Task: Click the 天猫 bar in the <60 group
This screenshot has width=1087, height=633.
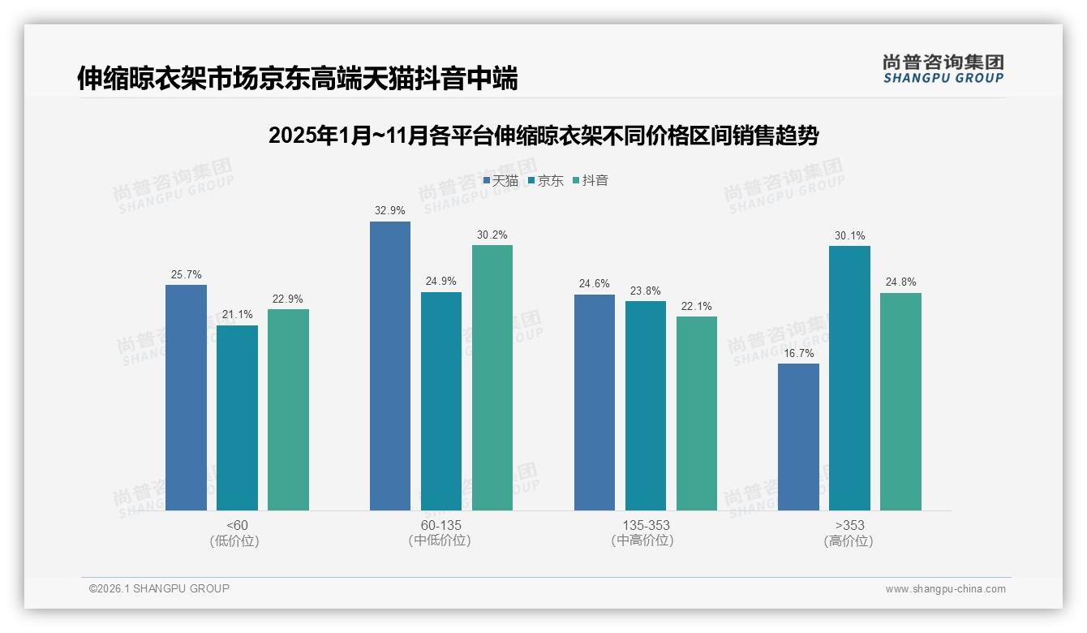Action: (186, 398)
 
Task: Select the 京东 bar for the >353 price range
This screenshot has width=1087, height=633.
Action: (849, 378)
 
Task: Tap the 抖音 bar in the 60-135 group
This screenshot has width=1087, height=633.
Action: (492, 378)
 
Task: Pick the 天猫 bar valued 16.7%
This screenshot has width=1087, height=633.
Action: (798, 437)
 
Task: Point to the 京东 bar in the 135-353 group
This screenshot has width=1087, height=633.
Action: (646, 406)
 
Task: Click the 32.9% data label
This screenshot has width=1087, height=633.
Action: (390, 211)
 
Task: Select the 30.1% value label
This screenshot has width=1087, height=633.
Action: (849, 236)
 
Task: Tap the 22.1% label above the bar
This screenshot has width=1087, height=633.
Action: (697, 307)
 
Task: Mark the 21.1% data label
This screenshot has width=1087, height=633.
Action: (237, 315)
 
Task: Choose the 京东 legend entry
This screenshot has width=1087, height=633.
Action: (545, 181)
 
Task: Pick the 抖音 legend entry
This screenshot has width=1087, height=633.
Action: (591, 181)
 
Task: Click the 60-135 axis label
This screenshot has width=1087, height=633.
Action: (440, 525)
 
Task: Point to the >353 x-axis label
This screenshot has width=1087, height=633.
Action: (849, 525)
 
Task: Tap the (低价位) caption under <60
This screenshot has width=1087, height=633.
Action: (235, 540)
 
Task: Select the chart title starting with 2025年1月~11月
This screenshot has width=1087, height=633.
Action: (543, 136)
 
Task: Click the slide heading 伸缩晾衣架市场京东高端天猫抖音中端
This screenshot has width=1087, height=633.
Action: (297, 78)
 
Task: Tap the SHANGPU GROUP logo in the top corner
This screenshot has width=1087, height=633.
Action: (943, 69)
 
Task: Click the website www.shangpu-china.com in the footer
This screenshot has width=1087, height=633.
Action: (945, 589)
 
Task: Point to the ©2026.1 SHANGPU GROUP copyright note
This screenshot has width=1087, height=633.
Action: (159, 588)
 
